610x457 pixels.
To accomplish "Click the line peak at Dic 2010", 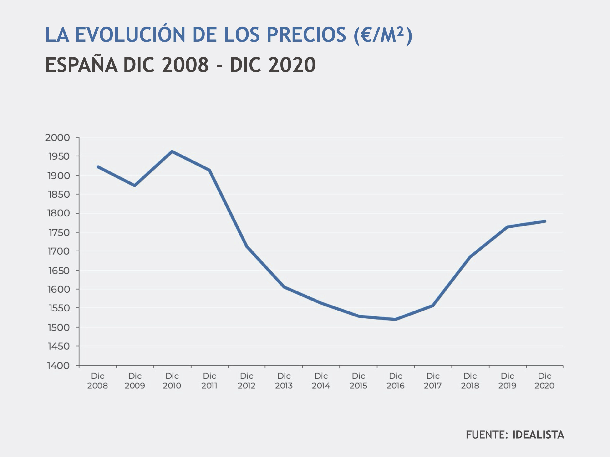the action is pyautogui.click(x=172, y=151).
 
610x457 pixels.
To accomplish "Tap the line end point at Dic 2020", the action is pyautogui.click(x=545, y=221).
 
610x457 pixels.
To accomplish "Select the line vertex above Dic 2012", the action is pyautogui.click(x=247, y=246).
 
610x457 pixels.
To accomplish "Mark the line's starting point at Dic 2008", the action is pyautogui.click(x=98, y=167).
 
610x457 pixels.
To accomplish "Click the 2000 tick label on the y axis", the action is pyautogui.click(x=57, y=138).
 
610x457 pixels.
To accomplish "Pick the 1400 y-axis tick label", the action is pyautogui.click(x=58, y=366).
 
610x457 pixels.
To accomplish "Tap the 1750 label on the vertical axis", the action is pyautogui.click(x=59, y=232).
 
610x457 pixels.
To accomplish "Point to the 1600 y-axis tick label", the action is pyautogui.click(x=59, y=289).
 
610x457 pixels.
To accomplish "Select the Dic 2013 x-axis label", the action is pyautogui.click(x=284, y=381).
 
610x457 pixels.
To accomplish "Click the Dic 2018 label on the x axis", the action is pyautogui.click(x=470, y=381).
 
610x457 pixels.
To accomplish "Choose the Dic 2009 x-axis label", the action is pyautogui.click(x=135, y=381).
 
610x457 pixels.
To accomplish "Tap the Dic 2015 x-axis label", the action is pyautogui.click(x=358, y=381).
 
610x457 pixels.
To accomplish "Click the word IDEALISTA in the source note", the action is pyautogui.click(x=538, y=435).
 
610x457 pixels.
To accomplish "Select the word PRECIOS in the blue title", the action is pyautogui.click(x=306, y=35).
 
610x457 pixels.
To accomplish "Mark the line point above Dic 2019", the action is pyautogui.click(x=507, y=227).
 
